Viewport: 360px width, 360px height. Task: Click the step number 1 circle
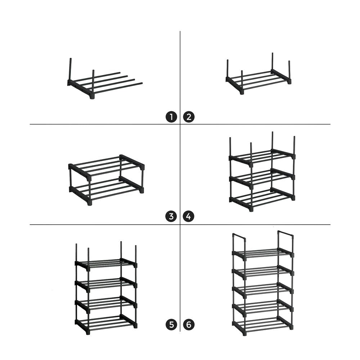[171, 117]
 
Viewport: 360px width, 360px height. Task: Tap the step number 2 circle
[189, 117]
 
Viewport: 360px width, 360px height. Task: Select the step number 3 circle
[171, 216]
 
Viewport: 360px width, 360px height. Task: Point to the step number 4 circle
[189, 216]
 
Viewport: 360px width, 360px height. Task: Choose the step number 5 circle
[171, 325]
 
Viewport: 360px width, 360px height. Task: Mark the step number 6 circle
[189, 325]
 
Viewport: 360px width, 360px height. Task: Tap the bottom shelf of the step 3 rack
[106, 189]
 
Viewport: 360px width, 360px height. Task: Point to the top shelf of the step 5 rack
[106, 264]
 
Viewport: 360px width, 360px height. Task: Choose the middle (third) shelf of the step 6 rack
[263, 289]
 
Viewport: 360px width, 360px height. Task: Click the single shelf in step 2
[258, 80]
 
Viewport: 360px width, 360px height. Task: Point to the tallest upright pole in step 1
[70, 70]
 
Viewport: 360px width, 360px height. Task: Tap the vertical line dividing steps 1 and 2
[180, 72]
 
